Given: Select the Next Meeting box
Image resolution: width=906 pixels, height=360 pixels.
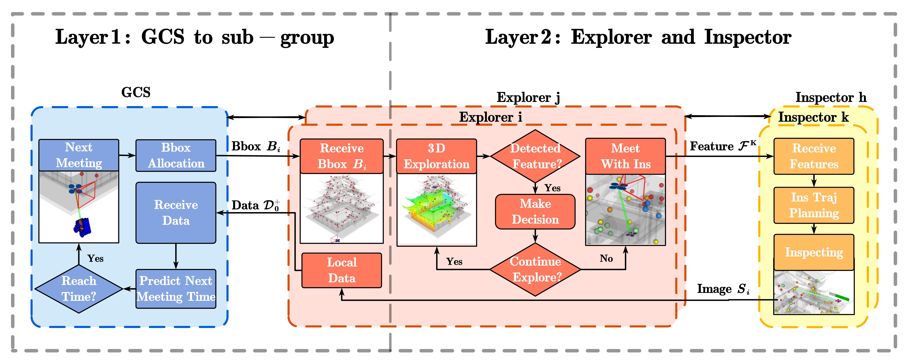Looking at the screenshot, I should point(79,155).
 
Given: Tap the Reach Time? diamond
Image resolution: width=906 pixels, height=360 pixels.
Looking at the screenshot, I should point(79,289).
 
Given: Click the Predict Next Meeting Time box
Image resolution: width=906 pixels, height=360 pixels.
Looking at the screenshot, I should point(176,289).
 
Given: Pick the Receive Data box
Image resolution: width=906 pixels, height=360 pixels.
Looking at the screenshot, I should point(176,213).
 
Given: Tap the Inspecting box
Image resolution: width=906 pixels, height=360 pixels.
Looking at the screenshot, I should point(814,252).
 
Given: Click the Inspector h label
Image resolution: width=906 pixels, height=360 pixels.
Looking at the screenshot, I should point(831,97).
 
